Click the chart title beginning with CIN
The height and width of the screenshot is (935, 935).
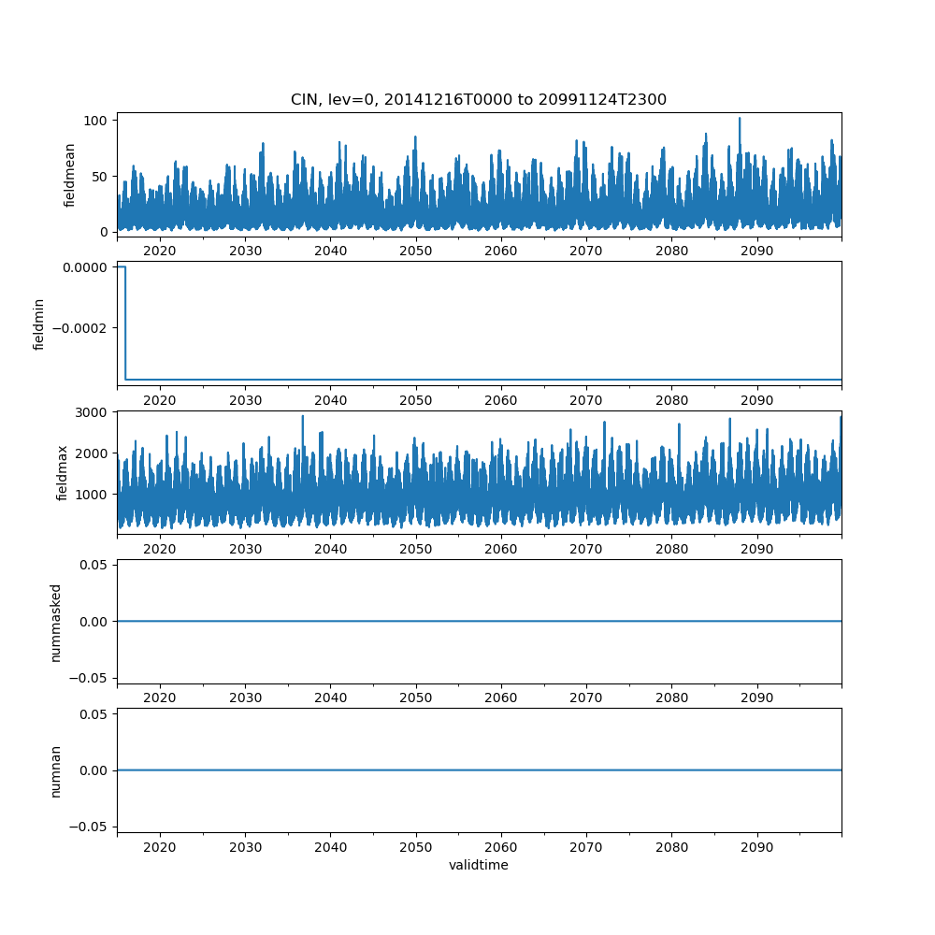[x=478, y=100]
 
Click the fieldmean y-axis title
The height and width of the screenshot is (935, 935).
[x=70, y=175]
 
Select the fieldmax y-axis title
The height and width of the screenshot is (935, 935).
[x=63, y=472]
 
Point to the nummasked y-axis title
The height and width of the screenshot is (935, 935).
[x=55, y=621]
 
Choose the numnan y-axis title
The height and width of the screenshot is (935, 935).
[x=55, y=770]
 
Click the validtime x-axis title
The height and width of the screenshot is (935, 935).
[x=478, y=865]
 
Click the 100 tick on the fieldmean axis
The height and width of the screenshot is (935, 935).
[x=97, y=121]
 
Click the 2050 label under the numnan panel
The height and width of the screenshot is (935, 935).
[x=415, y=848]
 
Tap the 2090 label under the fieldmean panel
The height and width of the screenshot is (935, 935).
[x=756, y=252]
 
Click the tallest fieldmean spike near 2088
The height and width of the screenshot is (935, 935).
[x=740, y=119]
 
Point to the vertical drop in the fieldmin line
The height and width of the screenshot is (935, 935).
[x=125, y=323]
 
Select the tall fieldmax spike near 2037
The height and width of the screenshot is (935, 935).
[x=302, y=417]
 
